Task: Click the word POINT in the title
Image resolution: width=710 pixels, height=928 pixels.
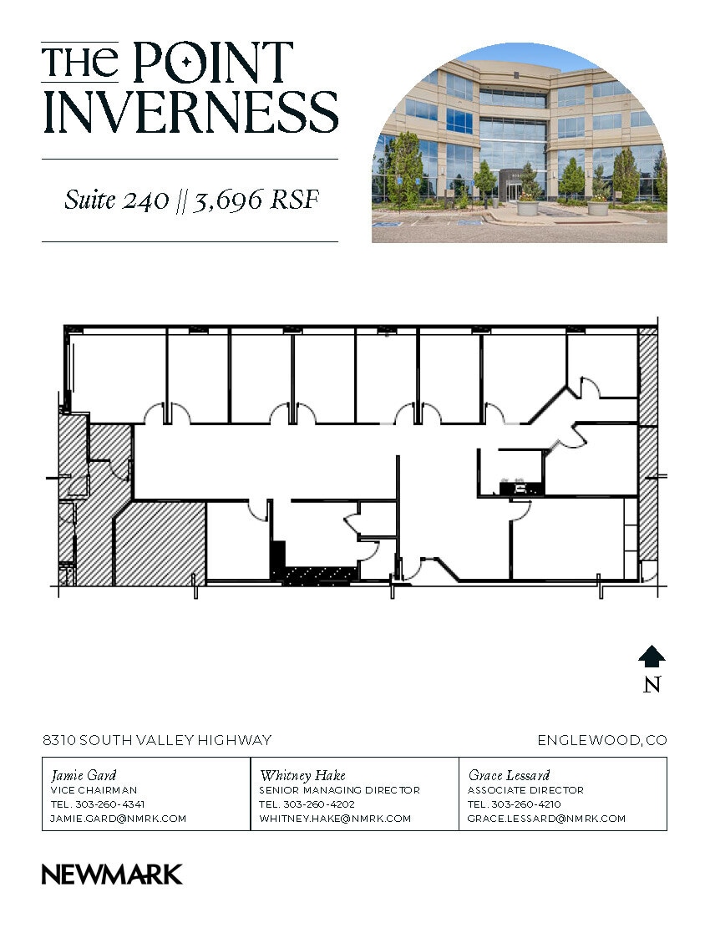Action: [x=213, y=63]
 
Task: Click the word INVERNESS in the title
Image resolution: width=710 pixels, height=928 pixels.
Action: [x=190, y=113]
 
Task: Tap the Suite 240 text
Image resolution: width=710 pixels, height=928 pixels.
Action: [x=115, y=201]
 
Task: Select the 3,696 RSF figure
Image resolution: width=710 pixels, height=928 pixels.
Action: [x=256, y=201]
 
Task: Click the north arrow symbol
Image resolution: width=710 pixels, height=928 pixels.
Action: [x=652, y=657]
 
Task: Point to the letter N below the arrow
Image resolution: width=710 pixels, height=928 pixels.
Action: [x=652, y=685]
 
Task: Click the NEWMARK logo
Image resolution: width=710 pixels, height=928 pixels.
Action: [x=112, y=875]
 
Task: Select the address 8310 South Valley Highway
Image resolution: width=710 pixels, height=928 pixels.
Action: [x=157, y=740]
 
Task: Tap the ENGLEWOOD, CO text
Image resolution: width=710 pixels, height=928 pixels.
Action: [x=601, y=740]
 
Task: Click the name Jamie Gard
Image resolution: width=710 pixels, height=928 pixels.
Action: [x=84, y=775]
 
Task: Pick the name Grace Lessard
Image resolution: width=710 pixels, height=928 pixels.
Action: [x=509, y=775]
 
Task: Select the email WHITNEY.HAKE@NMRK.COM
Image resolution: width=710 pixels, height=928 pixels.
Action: [x=335, y=819]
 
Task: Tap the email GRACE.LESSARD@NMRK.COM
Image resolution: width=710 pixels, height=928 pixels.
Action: [x=546, y=819]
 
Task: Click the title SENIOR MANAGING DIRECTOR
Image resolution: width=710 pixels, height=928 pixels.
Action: [x=339, y=790]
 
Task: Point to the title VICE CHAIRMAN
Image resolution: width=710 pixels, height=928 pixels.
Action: [x=94, y=790]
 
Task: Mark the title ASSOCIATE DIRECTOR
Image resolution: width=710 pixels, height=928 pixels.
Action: [x=525, y=790]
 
